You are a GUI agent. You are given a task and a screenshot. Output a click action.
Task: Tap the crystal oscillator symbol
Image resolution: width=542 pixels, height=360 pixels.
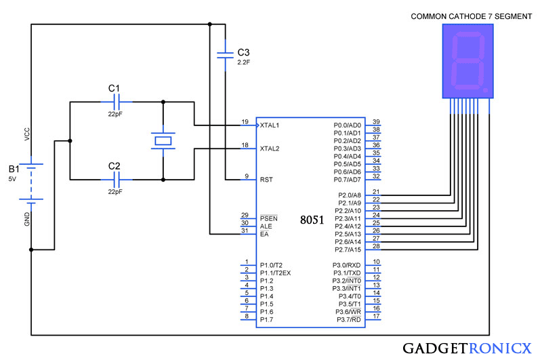pos(163,141)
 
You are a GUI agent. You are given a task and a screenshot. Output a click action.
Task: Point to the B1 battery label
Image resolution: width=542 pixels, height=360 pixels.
pos(14,169)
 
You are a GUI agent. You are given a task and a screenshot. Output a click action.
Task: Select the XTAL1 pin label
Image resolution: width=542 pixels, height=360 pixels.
pos(270,125)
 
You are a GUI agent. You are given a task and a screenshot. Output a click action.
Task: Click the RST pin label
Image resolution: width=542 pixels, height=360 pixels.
pos(266,180)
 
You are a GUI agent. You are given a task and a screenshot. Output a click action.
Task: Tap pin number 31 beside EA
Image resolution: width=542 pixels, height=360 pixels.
pos(245,231)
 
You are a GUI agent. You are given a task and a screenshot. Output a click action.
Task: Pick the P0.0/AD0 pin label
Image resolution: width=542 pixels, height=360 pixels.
pos(348,125)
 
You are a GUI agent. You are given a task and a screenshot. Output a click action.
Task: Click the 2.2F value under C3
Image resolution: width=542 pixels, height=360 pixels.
pos(243,62)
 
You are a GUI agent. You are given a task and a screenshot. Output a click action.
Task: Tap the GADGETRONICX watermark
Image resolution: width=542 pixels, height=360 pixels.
pos(467,348)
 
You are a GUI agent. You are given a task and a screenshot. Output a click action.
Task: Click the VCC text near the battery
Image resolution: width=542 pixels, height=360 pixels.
pos(27,134)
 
